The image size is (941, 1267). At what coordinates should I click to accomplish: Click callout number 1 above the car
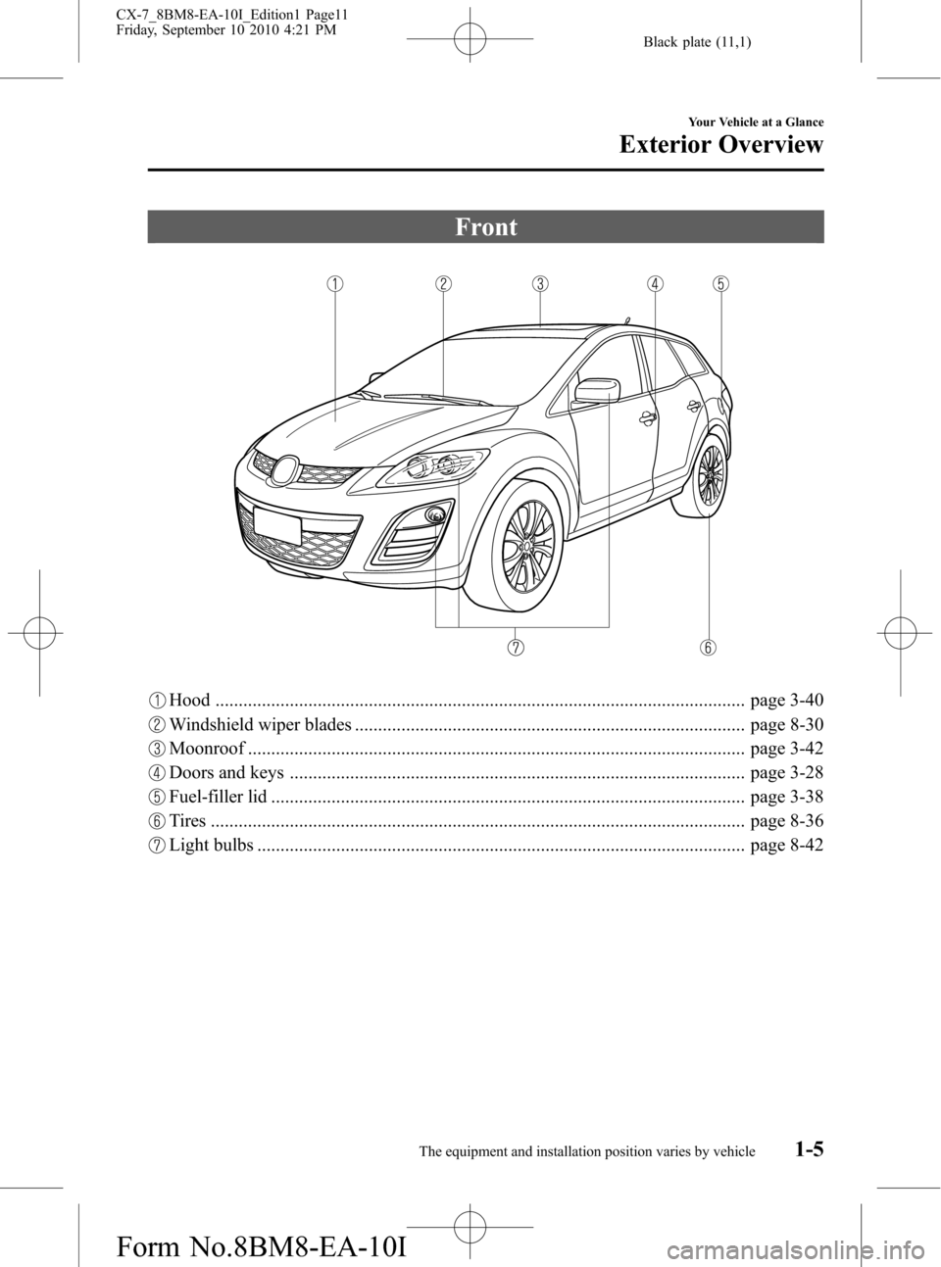pyautogui.click(x=335, y=284)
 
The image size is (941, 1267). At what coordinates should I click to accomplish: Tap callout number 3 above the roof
pyautogui.click(x=540, y=284)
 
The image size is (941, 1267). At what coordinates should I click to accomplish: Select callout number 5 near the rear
pyautogui.click(x=720, y=284)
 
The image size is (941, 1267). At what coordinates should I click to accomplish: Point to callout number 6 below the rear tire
pyautogui.click(x=708, y=647)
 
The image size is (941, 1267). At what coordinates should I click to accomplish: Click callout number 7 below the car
pyautogui.click(x=516, y=647)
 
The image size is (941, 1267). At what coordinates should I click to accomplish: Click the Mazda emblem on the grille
pyautogui.click(x=285, y=470)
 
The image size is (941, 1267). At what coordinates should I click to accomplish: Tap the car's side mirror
pyautogui.click(x=597, y=390)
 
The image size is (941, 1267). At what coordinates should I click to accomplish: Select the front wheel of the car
pyautogui.click(x=526, y=549)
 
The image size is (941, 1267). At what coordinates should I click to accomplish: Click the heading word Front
pyautogui.click(x=486, y=227)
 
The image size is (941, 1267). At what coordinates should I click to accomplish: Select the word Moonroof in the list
pyautogui.click(x=207, y=750)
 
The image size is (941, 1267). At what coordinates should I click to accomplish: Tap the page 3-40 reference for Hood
pyautogui.click(x=786, y=701)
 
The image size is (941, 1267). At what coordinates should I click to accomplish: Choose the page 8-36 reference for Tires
pyautogui.click(x=786, y=821)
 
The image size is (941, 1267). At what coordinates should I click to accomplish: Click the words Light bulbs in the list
pyautogui.click(x=211, y=846)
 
